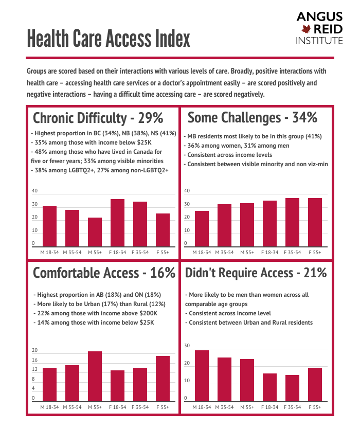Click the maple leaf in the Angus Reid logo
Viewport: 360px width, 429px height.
(x=308, y=29)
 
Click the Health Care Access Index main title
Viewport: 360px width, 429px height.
(x=109, y=39)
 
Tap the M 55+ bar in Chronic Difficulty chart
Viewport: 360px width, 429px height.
(x=95, y=232)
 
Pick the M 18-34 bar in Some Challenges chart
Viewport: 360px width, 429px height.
(x=202, y=228)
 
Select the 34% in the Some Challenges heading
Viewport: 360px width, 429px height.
(x=304, y=118)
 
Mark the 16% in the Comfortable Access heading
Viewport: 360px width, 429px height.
(x=163, y=273)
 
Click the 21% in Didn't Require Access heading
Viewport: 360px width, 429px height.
(x=315, y=273)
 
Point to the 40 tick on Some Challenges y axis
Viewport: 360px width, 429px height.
(x=187, y=191)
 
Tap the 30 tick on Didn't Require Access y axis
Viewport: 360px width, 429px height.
(x=187, y=346)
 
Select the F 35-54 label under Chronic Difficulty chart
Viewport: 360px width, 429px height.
(x=140, y=253)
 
